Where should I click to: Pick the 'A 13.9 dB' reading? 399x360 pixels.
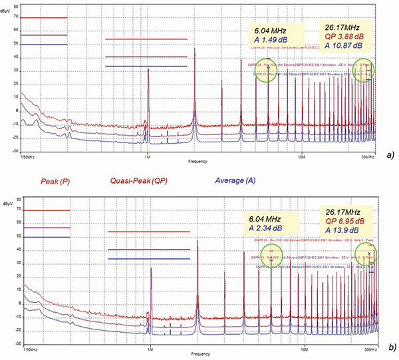[x=342, y=231]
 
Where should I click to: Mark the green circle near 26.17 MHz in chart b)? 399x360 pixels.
[x=364, y=254]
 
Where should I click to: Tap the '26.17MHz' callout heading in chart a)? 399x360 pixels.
[x=342, y=28]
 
